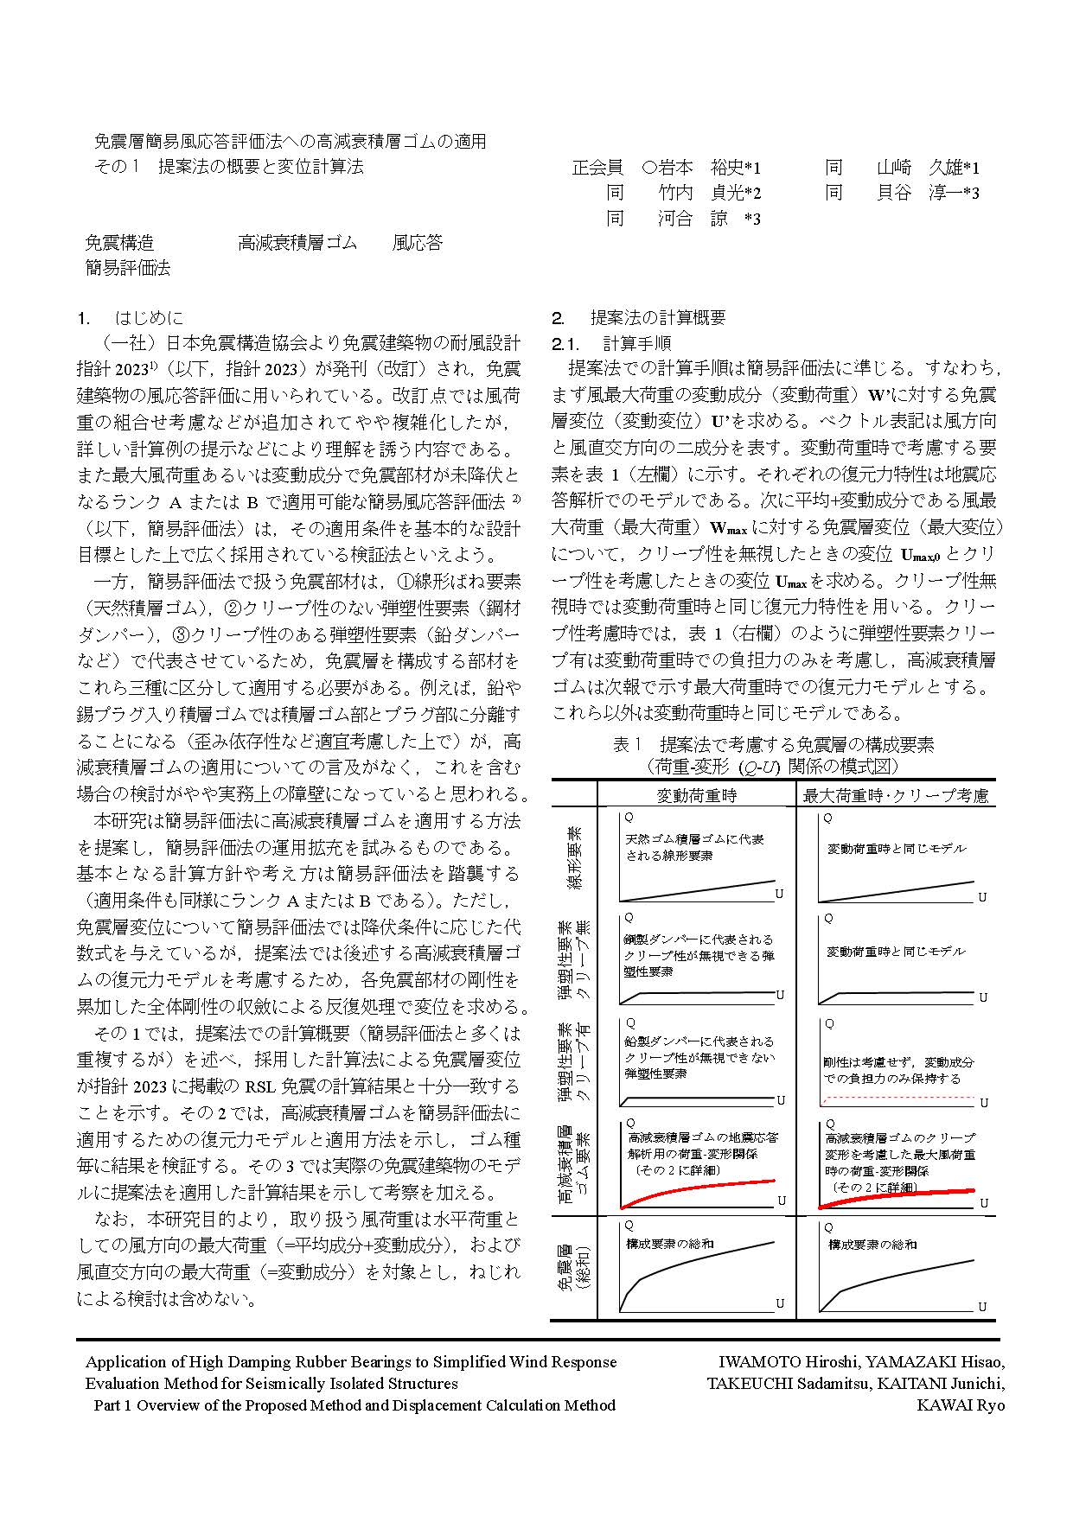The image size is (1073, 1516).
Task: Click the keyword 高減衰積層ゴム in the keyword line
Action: coord(297,243)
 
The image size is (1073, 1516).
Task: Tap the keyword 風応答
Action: coord(418,243)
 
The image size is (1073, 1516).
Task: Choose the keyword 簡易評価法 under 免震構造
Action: coord(127,268)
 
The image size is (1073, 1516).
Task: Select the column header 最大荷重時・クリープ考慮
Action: coord(896,795)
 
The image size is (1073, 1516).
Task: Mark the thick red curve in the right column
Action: coord(899,1193)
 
